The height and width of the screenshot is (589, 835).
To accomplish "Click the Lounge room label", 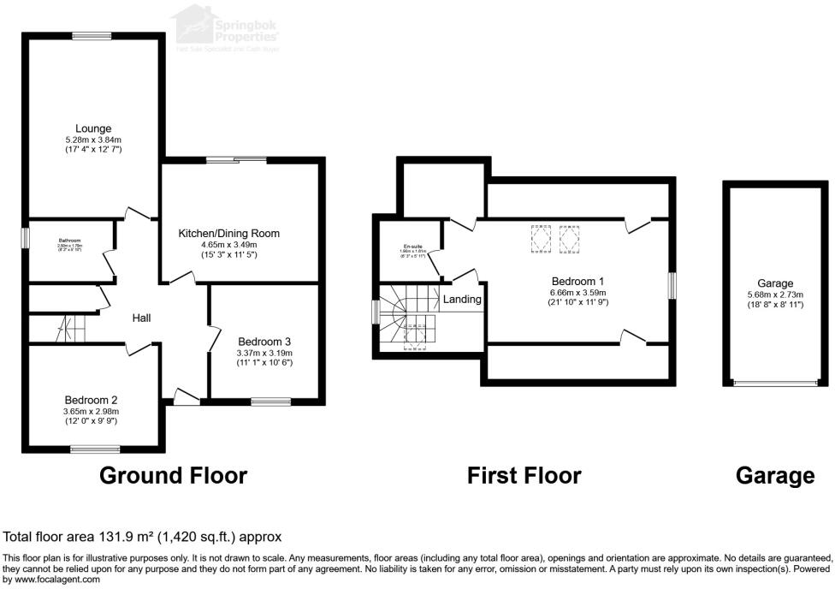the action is click(x=93, y=128).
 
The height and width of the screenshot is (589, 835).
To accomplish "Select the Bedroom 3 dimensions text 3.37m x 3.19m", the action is click(x=264, y=353).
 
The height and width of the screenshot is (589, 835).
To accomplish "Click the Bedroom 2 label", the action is click(x=91, y=400).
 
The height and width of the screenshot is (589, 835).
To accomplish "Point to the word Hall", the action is click(x=142, y=318).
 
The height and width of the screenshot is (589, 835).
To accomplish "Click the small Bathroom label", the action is click(x=69, y=241).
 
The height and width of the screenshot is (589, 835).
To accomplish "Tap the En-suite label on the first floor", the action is click(x=414, y=247).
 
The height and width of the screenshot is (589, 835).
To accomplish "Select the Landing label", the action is click(x=462, y=300).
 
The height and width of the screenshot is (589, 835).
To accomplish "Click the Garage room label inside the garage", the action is click(x=775, y=283).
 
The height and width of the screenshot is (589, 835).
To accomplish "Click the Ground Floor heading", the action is click(x=174, y=475).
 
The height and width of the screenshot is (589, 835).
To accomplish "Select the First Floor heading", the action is click(x=524, y=475).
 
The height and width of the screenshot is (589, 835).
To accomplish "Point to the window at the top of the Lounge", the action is click(x=88, y=35).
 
